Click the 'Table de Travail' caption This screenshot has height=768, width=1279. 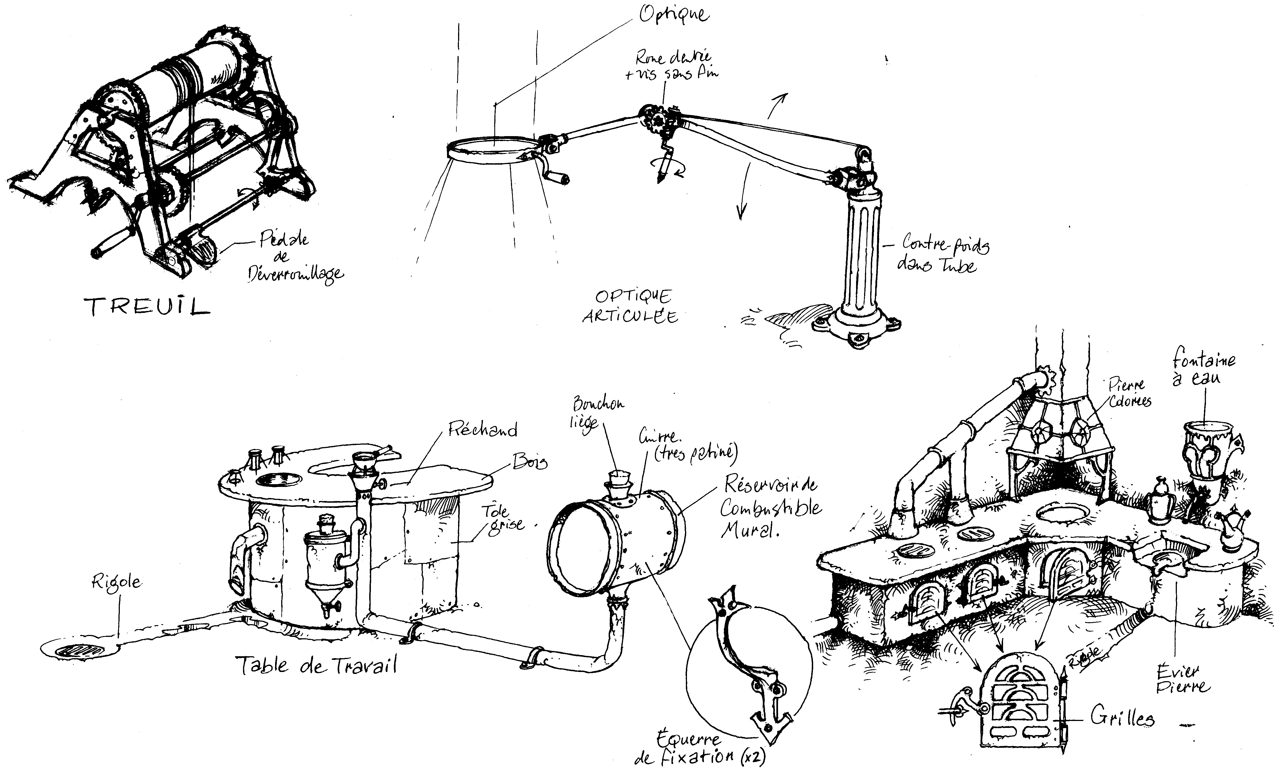coord(316,665)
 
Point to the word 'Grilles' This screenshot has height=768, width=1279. coord(1122,718)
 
